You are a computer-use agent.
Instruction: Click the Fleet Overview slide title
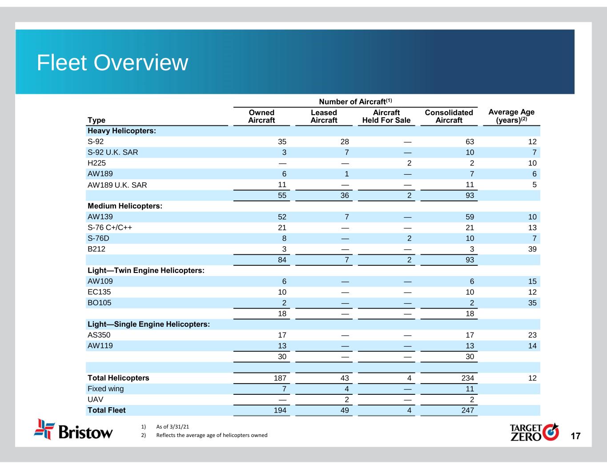(112, 63)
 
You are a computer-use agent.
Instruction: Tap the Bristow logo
(74, 429)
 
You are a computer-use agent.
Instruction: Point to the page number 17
(575, 436)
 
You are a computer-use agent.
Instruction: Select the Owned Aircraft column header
(261, 116)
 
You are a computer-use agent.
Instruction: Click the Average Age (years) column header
(511, 116)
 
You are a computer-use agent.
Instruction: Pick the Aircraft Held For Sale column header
(386, 116)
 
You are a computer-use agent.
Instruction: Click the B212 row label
(96, 249)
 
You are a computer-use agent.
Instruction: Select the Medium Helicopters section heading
(125, 206)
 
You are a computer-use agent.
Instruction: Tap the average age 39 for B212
(532, 249)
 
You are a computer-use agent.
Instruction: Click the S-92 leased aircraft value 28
(345, 142)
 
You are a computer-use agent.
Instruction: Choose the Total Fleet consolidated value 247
(467, 410)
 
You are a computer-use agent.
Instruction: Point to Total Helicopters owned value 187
(279, 378)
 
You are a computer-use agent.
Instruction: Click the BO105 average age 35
(532, 303)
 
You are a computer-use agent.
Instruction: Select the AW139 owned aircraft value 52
(282, 217)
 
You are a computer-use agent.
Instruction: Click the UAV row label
(95, 400)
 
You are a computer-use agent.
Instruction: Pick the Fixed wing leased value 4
(347, 389)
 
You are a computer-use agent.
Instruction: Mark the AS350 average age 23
(532, 335)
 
